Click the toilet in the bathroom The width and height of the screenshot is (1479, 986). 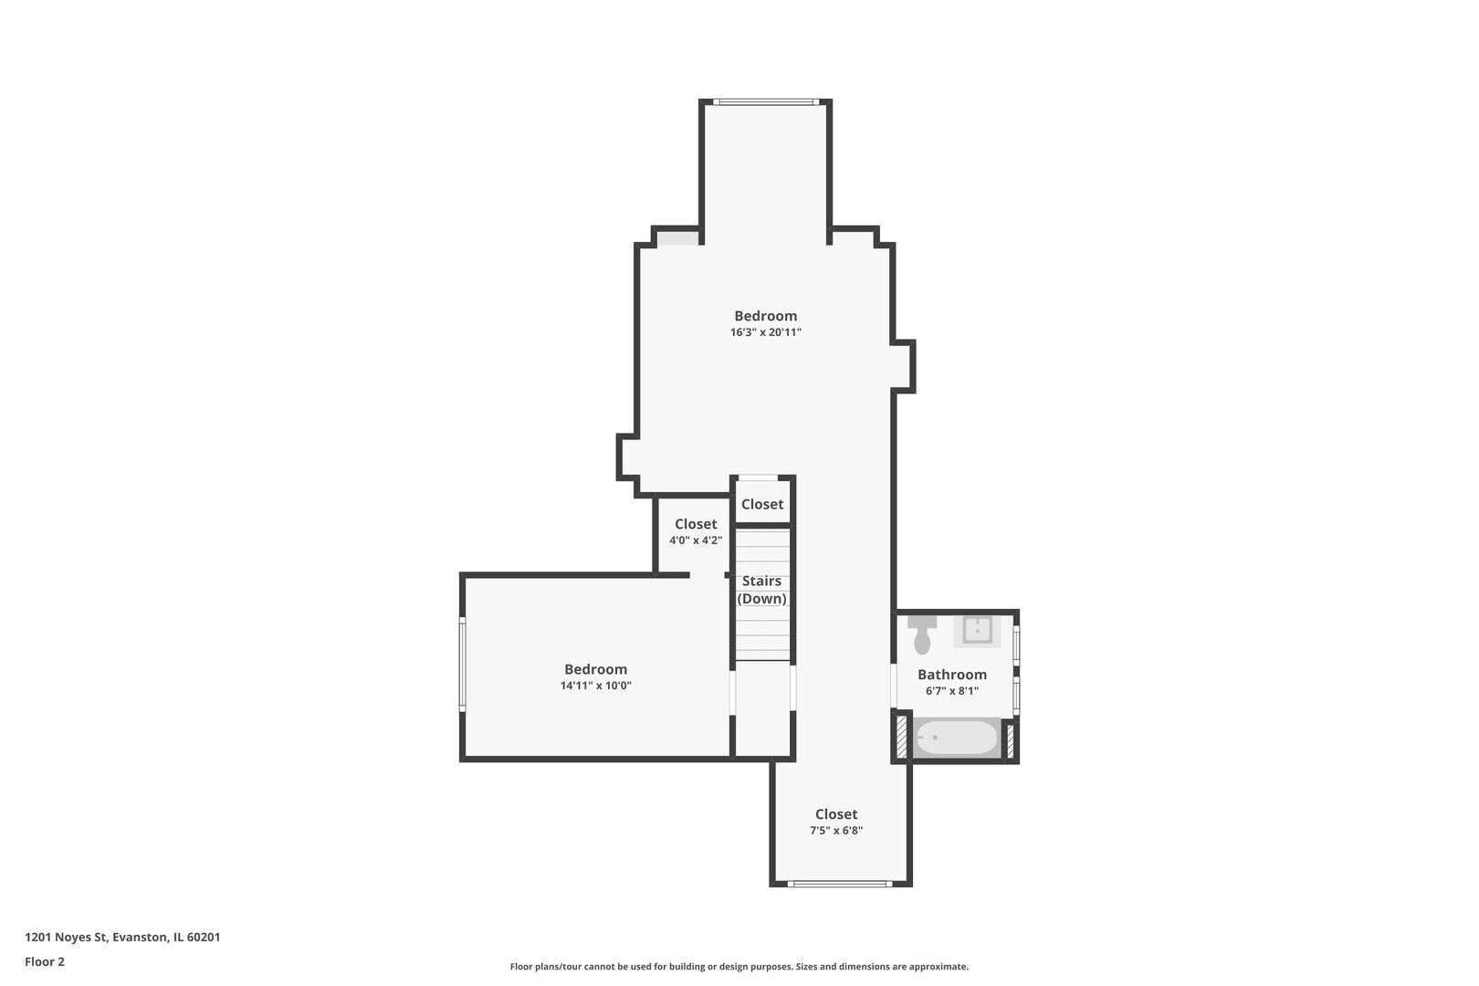[922, 635]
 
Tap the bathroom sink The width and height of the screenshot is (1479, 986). [977, 631]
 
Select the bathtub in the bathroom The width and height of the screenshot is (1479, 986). [956, 738]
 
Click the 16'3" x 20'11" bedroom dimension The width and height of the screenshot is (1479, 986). [765, 333]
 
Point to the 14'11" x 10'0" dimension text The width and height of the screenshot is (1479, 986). [595, 686]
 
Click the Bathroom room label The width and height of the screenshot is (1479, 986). [951, 675]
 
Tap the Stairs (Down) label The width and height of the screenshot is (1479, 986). [761, 590]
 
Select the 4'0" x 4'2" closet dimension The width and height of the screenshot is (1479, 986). [696, 540]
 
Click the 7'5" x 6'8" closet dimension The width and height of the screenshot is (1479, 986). [835, 831]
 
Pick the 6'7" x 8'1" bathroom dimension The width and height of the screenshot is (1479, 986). [951, 691]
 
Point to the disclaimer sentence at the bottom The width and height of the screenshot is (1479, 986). [739, 967]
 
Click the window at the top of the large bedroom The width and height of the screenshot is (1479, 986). [764, 102]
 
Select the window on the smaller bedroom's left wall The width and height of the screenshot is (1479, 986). [462, 664]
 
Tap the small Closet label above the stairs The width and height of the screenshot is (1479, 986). [761, 505]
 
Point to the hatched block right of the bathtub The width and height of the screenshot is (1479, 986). [1010, 739]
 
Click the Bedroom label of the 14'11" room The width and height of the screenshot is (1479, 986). [595, 669]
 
